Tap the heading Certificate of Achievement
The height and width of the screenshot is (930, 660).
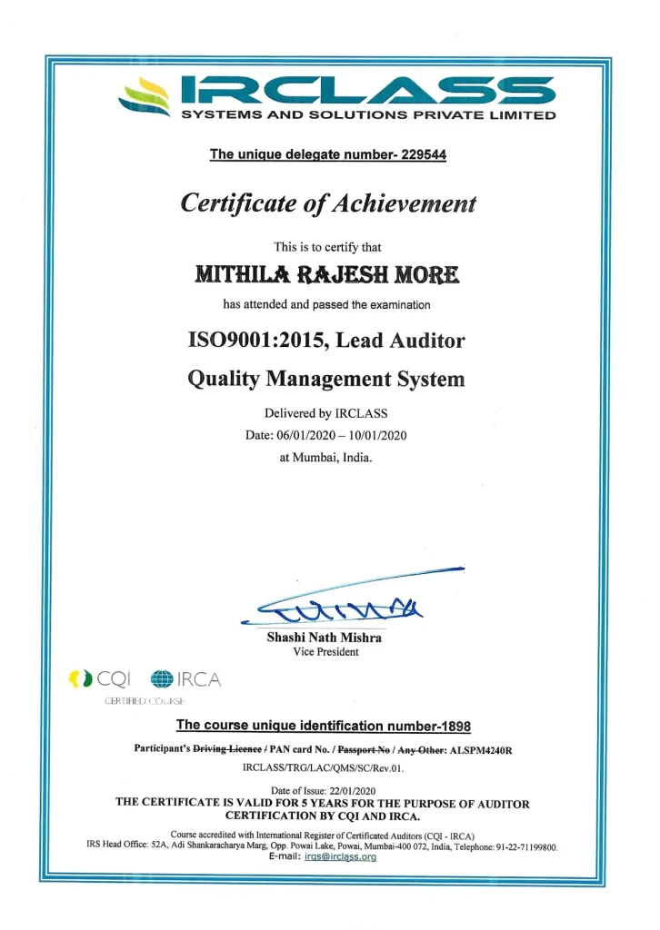329,203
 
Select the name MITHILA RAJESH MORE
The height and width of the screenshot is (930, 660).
328,273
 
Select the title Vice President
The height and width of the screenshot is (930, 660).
325,652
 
